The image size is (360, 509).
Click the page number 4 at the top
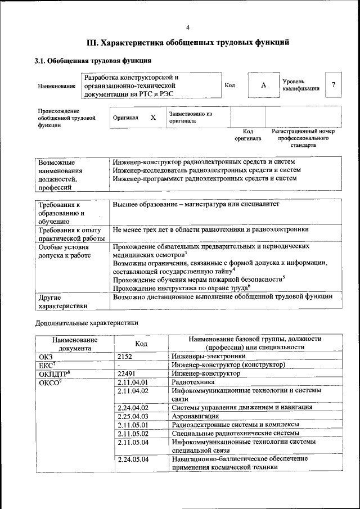coord(188,27)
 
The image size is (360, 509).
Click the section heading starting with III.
coord(188,42)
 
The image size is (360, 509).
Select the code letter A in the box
coord(263,85)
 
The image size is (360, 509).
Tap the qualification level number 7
coord(334,85)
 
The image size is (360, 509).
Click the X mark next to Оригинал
coord(152,118)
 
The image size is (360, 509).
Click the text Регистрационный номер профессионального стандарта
coord(303,138)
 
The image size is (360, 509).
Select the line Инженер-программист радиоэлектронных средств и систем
coord(204,178)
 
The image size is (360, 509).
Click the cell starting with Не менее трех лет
coord(210,229)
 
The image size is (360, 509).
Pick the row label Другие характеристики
coord(62,301)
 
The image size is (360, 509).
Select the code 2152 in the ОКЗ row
coord(127,356)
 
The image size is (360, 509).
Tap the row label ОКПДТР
coord(53,373)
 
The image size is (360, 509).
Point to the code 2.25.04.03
coord(133,416)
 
